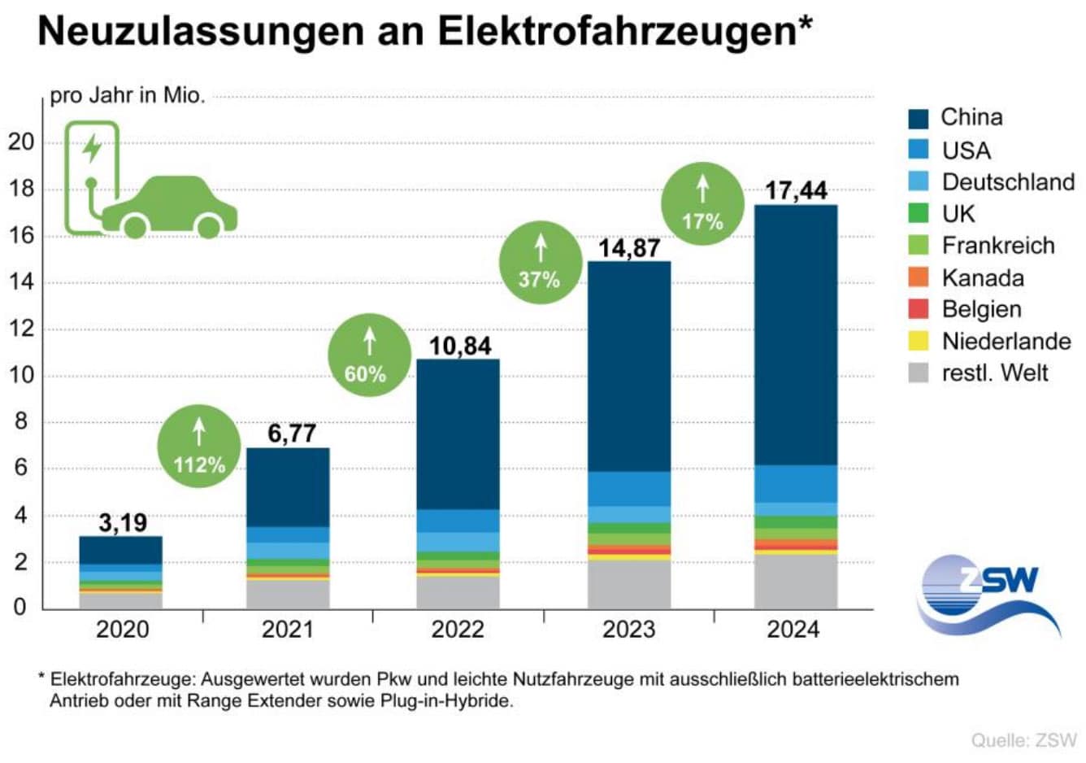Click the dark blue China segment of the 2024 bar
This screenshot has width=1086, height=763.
796,334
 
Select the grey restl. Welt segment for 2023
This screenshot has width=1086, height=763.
629,584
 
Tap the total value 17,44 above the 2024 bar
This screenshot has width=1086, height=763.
796,191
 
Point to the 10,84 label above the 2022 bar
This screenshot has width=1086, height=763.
460,347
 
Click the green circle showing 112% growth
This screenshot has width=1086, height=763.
198,447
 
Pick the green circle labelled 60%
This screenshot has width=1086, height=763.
368,355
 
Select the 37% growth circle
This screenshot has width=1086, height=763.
541,262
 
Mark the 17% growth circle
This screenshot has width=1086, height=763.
703,203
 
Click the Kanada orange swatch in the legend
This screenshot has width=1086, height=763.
918,277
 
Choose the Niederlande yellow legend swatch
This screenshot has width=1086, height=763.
918,341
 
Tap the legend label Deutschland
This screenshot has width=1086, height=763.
1008,181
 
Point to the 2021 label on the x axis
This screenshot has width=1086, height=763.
288,629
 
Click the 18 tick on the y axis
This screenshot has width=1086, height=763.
21,189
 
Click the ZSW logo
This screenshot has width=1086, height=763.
989,594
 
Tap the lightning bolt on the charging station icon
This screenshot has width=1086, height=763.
93,148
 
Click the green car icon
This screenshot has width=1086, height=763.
170,207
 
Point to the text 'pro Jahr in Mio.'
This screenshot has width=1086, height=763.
128,95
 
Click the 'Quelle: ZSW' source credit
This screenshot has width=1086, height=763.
1023,740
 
